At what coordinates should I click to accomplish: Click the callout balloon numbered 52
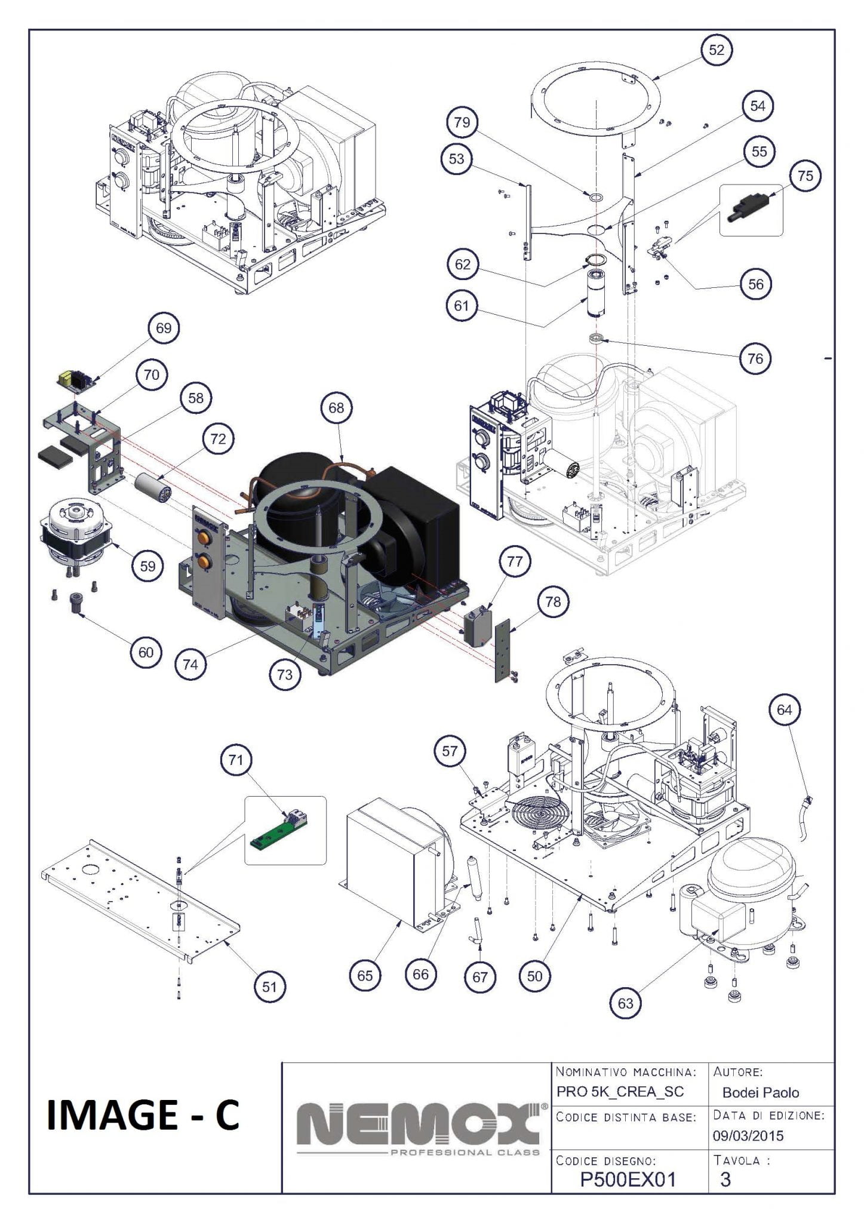pyautogui.click(x=716, y=50)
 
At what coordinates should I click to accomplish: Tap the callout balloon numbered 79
pyautogui.click(x=462, y=122)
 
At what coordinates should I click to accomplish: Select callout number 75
pyautogui.click(x=805, y=176)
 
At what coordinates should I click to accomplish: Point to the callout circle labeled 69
pyautogui.click(x=164, y=328)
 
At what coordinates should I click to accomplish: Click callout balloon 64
pyautogui.click(x=784, y=709)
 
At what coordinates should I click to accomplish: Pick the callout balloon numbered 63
pyautogui.click(x=625, y=1003)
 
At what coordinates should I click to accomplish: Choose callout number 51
pyautogui.click(x=269, y=987)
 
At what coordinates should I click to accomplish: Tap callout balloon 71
pyautogui.click(x=236, y=760)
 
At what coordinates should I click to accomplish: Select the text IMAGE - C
pyautogui.click(x=143, y=1116)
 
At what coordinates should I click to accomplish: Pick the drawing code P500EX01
pyautogui.click(x=628, y=1179)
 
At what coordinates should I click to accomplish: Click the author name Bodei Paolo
pyautogui.click(x=760, y=1092)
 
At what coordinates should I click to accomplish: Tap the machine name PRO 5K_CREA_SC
pyautogui.click(x=620, y=1092)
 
